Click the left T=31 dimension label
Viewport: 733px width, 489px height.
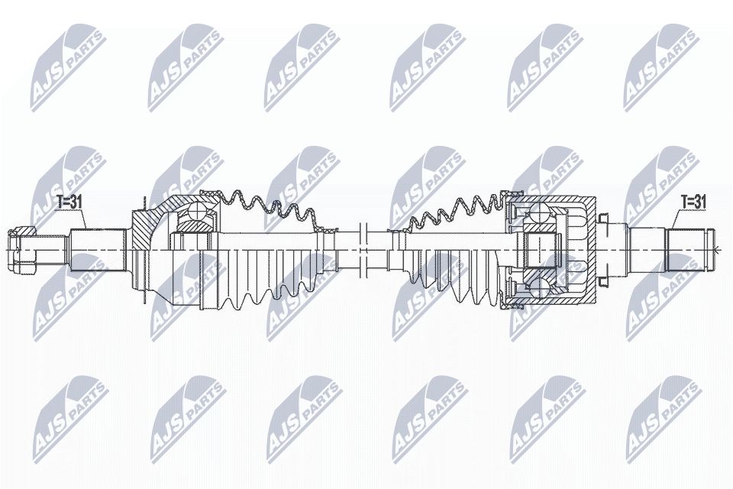pyautogui.click(x=70, y=202)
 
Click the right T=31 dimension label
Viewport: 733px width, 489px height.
pyautogui.click(x=694, y=202)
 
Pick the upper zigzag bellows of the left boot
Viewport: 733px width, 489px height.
pyautogui.click(x=267, y=206)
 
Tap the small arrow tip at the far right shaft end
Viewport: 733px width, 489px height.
pyautogui.click(x=716, y=249)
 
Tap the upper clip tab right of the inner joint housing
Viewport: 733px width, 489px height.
pyautogui.click(x=603, y=222)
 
